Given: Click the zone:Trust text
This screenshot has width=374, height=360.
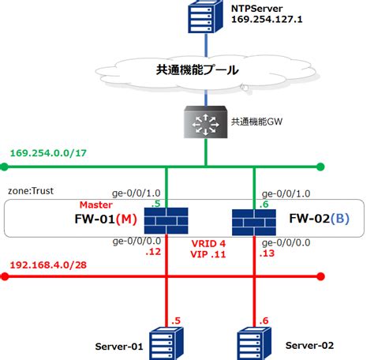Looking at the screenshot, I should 30,190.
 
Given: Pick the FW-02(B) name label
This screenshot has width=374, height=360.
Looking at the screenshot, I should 317,218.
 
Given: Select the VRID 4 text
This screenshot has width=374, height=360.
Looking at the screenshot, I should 209,243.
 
